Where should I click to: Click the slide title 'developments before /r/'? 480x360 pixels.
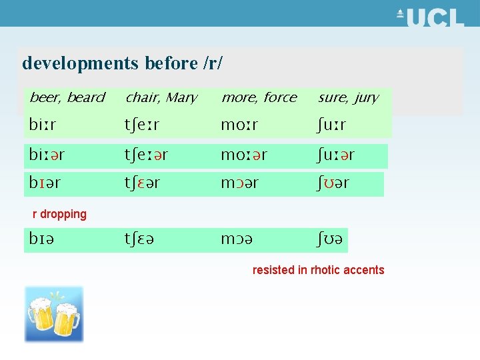coord(123,63)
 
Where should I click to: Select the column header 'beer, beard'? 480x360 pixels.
coord(67,98)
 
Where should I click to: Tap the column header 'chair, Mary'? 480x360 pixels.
coord(161,98)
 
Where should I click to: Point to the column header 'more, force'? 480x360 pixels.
coord(259,98)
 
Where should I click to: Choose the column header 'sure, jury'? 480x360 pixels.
coord(348,98)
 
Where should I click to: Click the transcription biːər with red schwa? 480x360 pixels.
coord(47,155)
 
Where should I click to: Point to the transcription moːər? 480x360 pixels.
coord(244,155)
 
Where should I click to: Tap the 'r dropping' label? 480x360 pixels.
coord(60,214)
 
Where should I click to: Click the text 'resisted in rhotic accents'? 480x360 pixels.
coord(318,270)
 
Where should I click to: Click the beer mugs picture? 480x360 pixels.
coord(54,314)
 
